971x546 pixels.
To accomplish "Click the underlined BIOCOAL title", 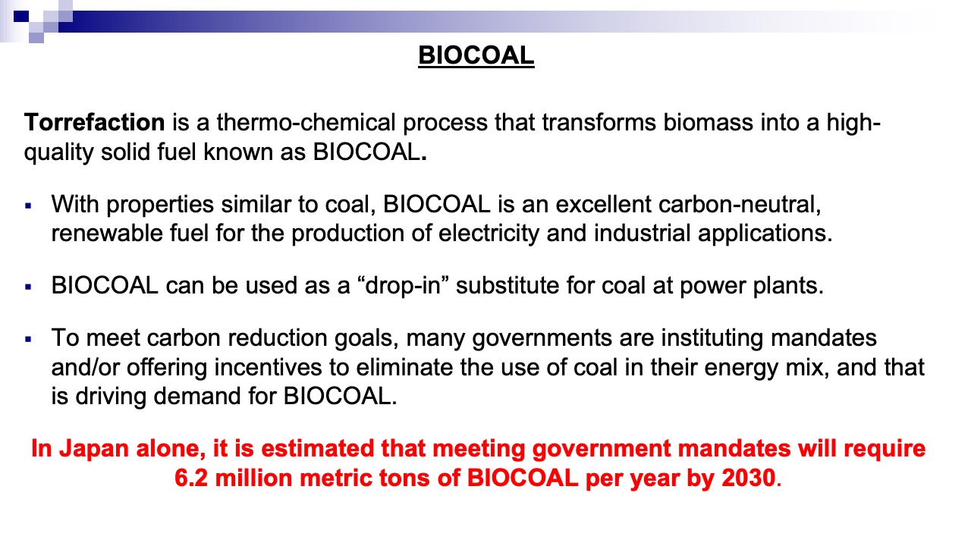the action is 476,55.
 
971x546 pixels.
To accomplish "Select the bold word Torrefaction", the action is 95,122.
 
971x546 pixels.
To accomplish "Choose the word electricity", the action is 489,233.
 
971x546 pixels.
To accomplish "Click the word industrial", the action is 642,233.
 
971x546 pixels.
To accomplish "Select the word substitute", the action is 507,286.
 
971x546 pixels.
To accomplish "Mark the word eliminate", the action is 404,368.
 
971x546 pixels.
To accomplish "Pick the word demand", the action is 197,396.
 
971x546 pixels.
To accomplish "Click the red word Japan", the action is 94,448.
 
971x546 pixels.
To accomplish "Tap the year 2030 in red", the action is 749,478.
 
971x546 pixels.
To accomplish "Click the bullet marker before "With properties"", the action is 29,206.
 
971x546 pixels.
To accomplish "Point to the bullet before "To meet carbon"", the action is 29,339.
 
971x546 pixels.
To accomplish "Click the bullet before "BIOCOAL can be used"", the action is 29,287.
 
